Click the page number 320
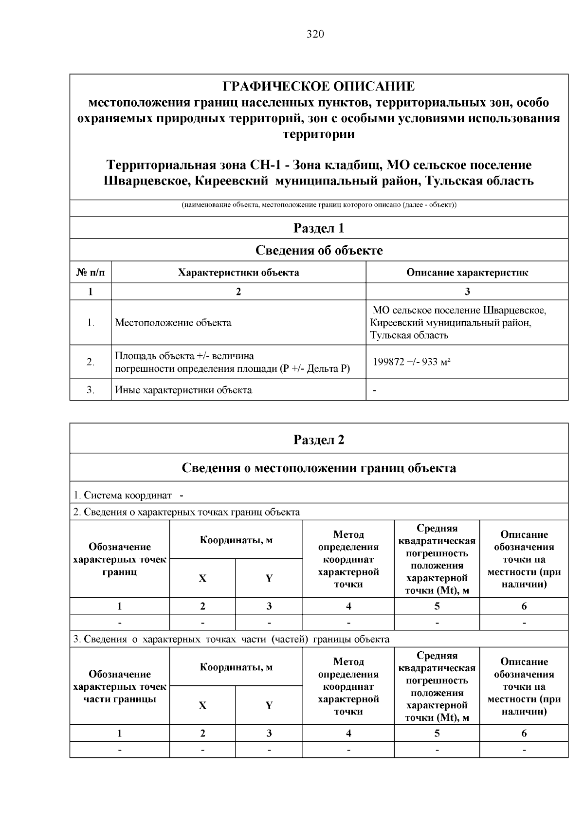315,34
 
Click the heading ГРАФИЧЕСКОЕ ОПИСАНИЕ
319,87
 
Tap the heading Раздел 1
319,228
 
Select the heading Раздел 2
319,440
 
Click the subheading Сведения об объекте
319,250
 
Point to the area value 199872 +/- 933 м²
412,362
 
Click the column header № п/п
91,273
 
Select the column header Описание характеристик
467,273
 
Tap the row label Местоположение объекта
173,323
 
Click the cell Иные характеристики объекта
183,390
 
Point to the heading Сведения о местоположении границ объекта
319,468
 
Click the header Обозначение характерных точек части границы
120,687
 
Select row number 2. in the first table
91,362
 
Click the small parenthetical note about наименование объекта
319,205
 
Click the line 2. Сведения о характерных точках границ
186,512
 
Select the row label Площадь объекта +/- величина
184,356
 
